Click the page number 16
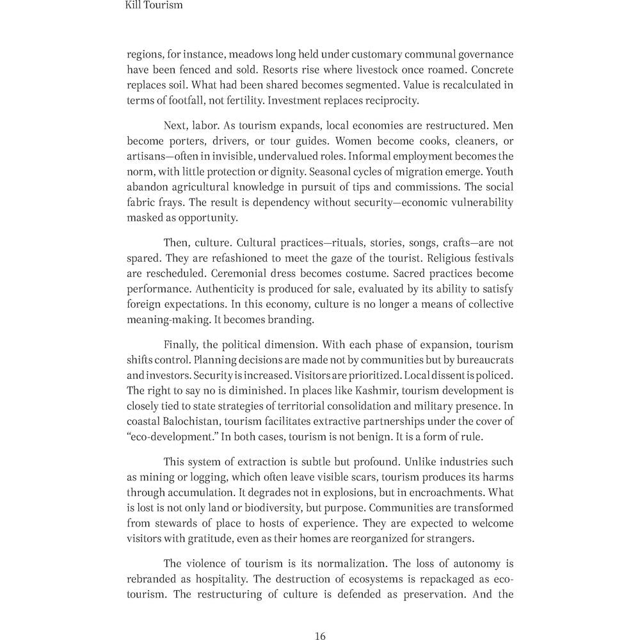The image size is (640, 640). click(x=321, y=636)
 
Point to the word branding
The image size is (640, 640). click(x=305, y=319)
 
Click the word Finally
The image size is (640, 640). click(x=182, y=345)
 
